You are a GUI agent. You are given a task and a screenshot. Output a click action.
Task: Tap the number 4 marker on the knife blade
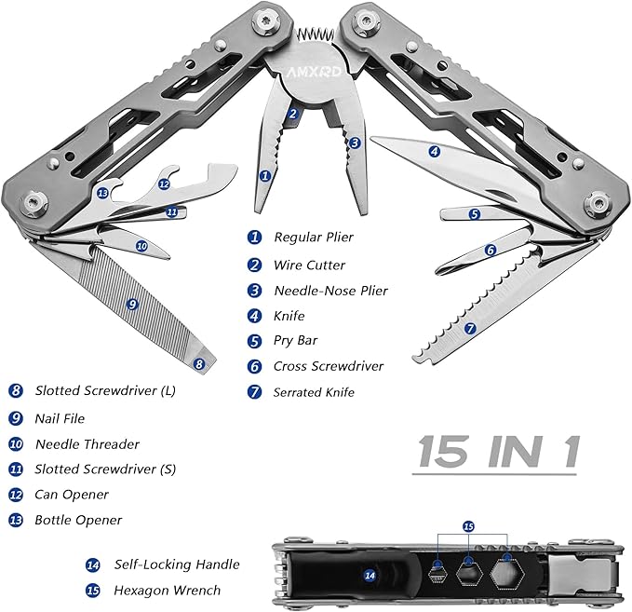click(x=434, y=151)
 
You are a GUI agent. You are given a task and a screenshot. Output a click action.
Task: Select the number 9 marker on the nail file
click(x=132, y=303)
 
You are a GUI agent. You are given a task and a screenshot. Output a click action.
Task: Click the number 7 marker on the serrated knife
click(x=470, y=328)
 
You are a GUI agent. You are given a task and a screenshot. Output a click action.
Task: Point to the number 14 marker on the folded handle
click(x=370, y=576)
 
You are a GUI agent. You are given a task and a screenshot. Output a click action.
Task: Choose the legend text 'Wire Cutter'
click(x=309, y=265)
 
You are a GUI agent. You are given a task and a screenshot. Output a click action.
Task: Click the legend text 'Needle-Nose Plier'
click(x=330, y=291)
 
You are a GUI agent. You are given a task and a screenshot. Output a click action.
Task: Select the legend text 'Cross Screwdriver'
click(x=328, y=366)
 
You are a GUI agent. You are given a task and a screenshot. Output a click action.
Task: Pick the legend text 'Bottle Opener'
click(x=78, y=520)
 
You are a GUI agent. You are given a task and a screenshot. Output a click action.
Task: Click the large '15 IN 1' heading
click(x=498, y=453)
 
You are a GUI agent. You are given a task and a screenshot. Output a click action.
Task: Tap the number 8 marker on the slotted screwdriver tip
click(x=198, y=364)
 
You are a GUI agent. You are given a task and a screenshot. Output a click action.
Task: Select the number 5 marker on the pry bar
click(x=474, y=213)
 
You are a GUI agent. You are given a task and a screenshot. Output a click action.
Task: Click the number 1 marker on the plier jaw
click(x=265, y=174)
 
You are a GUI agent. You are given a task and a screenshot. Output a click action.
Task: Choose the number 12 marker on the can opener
click(x=164, y=184)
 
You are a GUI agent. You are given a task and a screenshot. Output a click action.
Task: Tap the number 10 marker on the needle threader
click(x=141, y=246)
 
